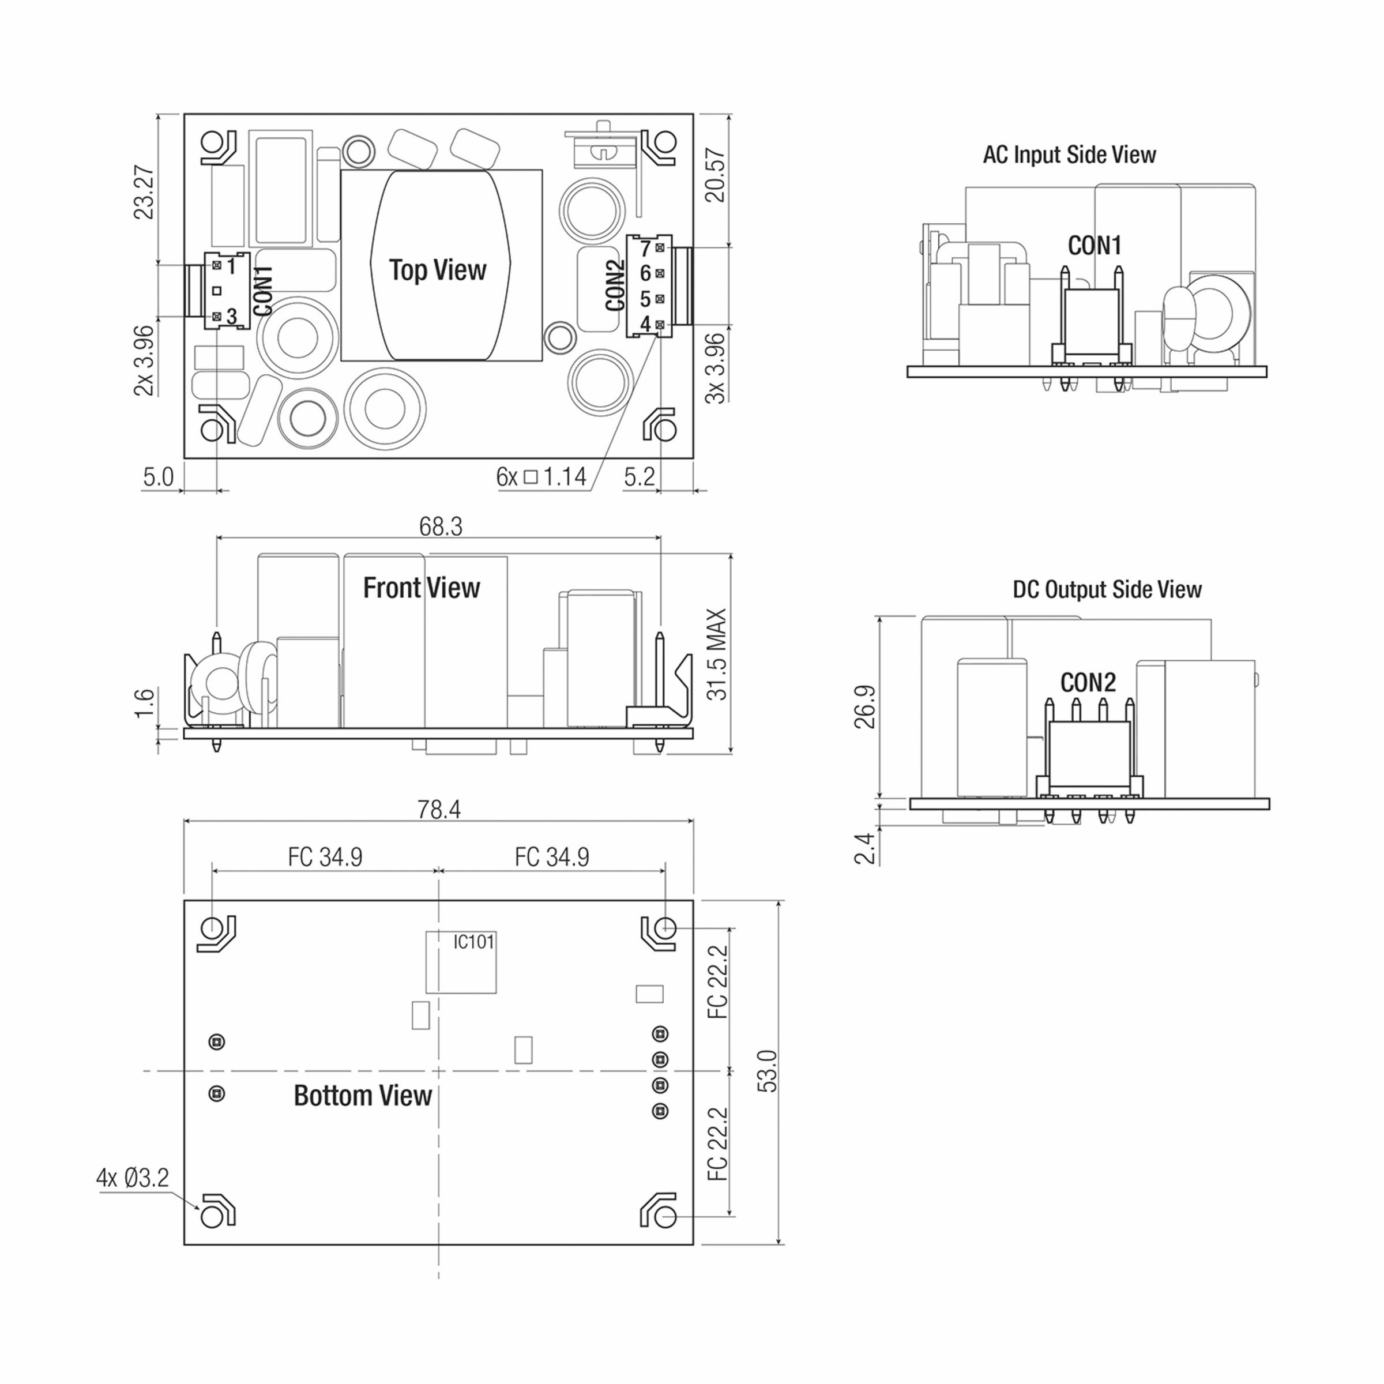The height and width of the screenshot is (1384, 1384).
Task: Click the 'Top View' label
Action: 437,270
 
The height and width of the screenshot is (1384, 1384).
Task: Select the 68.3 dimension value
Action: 441,526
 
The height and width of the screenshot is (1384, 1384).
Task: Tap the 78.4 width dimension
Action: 438,810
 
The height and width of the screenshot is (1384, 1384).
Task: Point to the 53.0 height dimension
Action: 767,1071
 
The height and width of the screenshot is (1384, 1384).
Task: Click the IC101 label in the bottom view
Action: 473,941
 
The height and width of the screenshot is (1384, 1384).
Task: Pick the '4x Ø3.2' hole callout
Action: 133,1177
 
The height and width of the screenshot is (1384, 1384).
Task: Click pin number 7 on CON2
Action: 645,249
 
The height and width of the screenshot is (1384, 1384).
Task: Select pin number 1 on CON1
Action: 231,266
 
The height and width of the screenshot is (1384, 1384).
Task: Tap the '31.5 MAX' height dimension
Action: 716,654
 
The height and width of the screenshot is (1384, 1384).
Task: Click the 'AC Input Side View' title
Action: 1069,155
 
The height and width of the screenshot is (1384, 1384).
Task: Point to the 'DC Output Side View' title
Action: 1107,589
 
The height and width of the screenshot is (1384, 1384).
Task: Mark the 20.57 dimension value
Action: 716,175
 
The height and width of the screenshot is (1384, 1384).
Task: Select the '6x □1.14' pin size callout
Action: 541,476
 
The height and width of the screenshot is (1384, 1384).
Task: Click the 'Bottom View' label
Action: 363,1095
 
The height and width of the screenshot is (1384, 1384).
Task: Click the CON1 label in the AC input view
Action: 1094,246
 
